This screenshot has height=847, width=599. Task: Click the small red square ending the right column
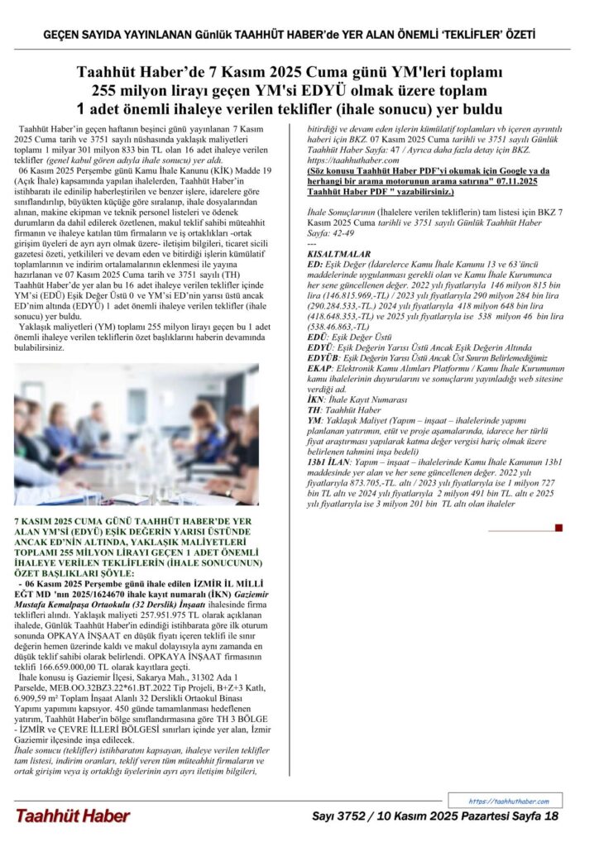point(558,527)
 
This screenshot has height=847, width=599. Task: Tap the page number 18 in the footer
point(552,816)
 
